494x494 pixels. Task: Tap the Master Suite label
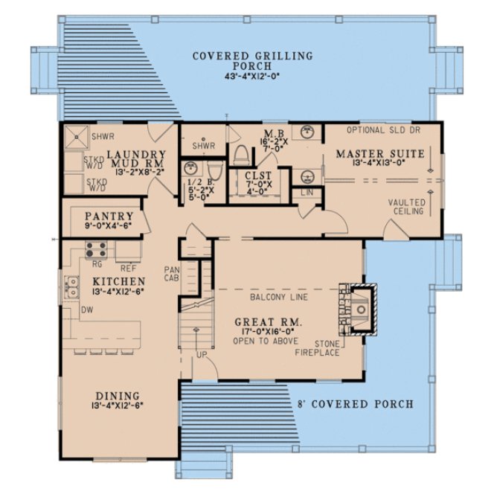click(369, 154)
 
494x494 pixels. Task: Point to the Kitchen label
click(118, 282)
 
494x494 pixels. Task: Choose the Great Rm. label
click(264, 323)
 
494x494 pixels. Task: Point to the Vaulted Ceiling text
click(407, 206)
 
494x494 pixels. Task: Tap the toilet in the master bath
click(240, 153)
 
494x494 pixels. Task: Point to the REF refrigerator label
click(127, 267)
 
